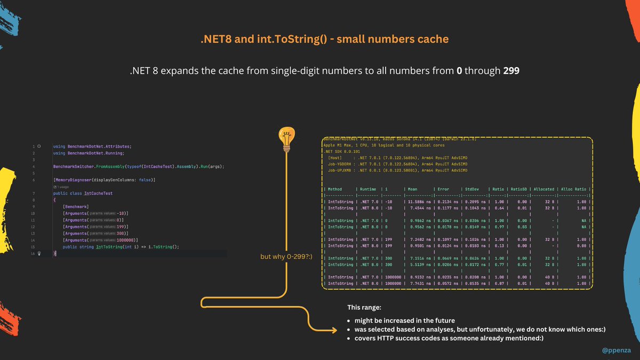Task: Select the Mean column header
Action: click(413, 188)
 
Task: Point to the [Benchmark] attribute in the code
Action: click(76, 206)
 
